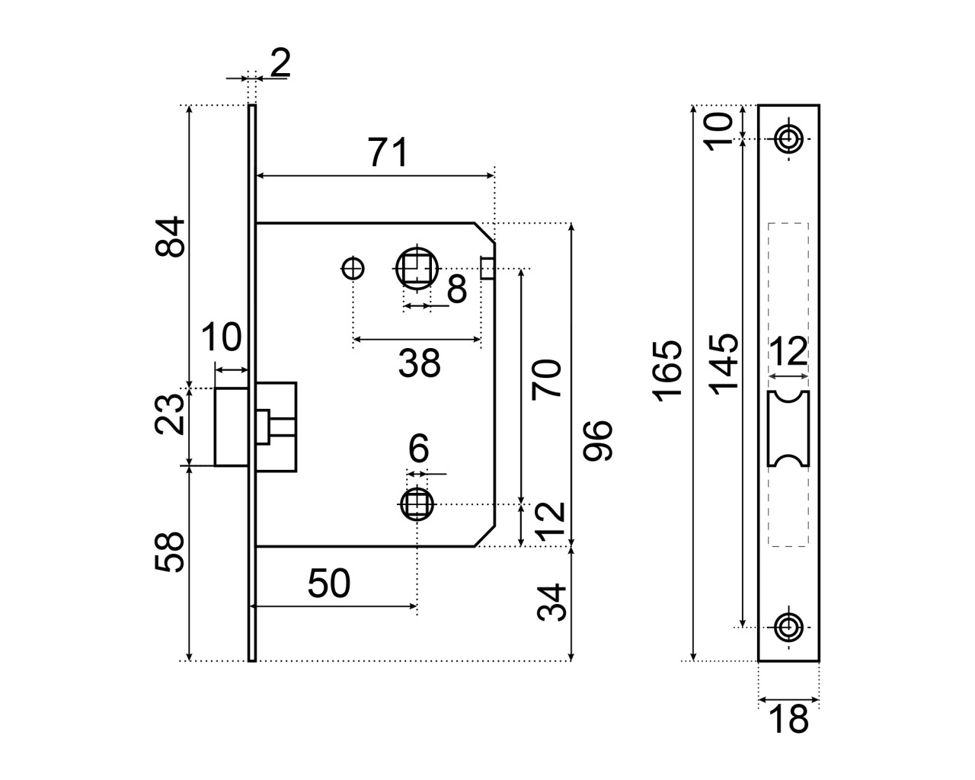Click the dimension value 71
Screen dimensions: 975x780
388,152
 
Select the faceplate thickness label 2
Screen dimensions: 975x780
280,62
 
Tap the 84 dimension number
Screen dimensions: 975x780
170,237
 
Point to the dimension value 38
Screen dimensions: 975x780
419,363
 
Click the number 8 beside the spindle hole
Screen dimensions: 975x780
457,289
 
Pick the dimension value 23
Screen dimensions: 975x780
170,414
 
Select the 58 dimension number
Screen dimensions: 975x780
170,552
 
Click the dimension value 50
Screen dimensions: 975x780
329,583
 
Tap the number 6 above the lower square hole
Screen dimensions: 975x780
418,448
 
